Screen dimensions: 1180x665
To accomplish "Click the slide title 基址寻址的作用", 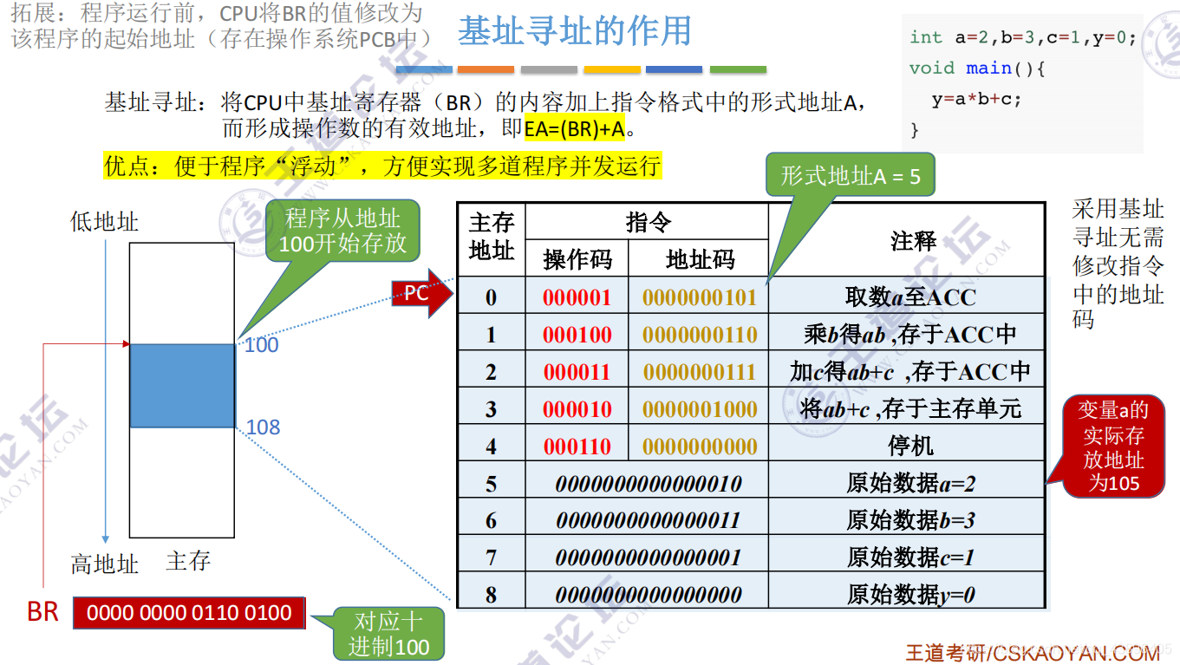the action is click(574, 32).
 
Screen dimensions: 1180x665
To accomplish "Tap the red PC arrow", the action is click(421, 294).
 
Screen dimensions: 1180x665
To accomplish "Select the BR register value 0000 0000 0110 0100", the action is click(189, 613).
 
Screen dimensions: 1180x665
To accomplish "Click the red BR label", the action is click(42, 612).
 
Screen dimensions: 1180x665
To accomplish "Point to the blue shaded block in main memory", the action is click(182, 386).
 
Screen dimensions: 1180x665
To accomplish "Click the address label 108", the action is click(263, 427).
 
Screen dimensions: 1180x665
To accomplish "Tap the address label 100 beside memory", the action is click(261, 345).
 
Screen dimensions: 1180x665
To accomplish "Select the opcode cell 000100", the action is click(577, 335).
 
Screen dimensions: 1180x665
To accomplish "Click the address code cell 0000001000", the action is click(700, 409).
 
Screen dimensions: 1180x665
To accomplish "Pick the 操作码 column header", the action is click(577, 258).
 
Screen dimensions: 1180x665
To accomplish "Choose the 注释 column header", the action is click(913, 240).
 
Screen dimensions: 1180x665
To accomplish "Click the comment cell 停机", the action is click(910, 447).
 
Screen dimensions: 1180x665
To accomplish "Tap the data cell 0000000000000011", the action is click(648, 520).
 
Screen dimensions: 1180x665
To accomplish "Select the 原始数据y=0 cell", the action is click(910, 595).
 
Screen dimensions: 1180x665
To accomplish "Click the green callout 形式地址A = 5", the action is click(850, 177).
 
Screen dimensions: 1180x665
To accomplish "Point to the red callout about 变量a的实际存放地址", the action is click(1114, 447).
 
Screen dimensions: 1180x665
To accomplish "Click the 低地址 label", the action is click(104, 222).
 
